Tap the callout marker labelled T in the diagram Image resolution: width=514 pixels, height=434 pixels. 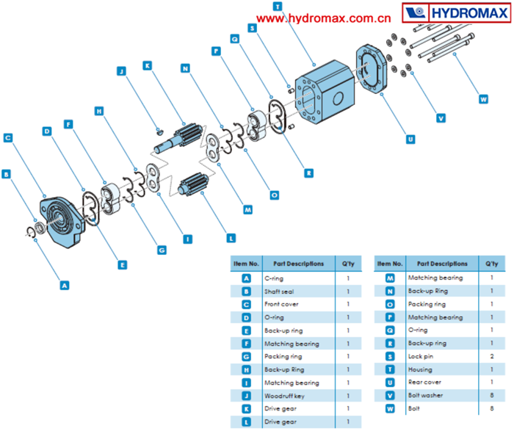[x=277, y=6]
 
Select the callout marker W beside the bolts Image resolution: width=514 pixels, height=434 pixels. [x=482, y=98]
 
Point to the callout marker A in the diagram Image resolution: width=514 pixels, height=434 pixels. [x=65, y=283]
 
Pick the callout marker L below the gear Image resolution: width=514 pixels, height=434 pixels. [x=231, y=237]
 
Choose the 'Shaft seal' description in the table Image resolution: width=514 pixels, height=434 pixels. [x=281, y=292]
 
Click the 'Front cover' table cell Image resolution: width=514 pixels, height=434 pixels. [x=281, y=304]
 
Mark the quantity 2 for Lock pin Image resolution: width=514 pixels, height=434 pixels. [x=491, y=357]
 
